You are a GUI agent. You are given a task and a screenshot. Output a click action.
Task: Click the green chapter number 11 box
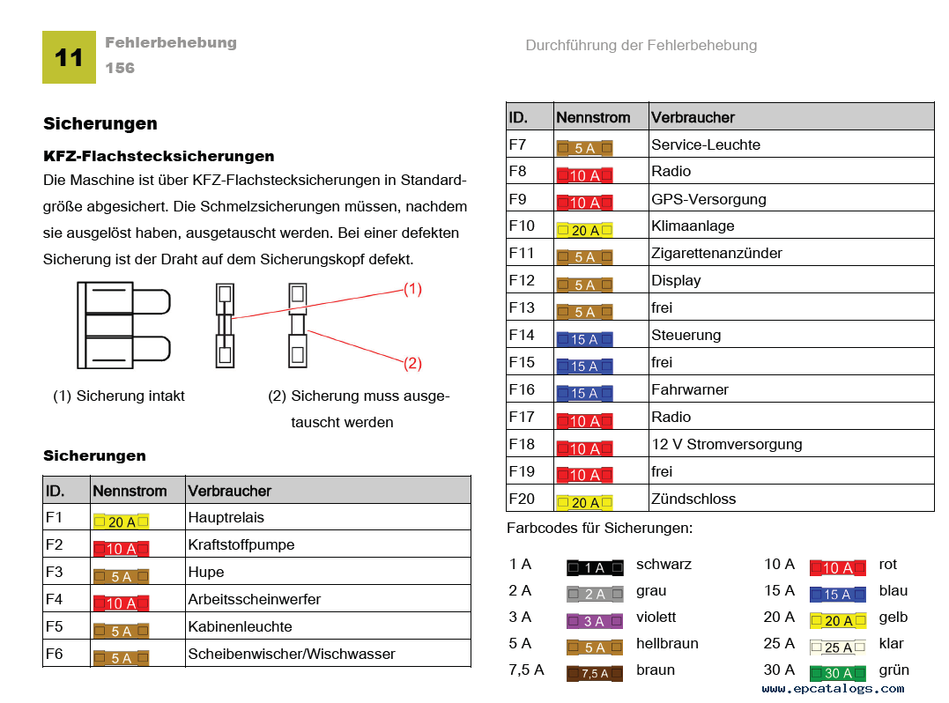tap(69, 57)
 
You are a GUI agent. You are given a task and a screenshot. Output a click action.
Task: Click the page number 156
tap(120, 68)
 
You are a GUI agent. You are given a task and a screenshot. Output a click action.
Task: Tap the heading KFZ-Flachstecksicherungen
tap(159, 156)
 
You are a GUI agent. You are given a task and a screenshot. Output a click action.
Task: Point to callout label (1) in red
tap(412, 288)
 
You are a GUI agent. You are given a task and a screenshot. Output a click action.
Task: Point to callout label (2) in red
tap(412, 362)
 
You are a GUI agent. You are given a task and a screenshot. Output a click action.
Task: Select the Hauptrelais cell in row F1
tap(226, 517)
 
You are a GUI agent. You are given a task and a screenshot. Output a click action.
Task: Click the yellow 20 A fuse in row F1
tap(121, 522)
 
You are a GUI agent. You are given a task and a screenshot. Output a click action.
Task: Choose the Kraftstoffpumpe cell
tap(241, 544)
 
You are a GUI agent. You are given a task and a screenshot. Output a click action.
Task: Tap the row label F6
tap(55, 654)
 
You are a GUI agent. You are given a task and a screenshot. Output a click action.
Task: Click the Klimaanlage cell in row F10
tap(693, 226)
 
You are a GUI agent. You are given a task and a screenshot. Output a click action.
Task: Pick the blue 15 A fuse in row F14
tap(584, 339)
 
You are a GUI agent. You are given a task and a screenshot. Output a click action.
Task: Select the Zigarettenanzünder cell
tap(716, 253)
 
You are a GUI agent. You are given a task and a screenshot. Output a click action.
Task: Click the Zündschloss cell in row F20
tap(693, 499)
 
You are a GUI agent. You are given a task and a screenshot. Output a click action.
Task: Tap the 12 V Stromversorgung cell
tap(726, 444)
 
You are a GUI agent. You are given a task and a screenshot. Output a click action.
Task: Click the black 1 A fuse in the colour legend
tap(594, 568)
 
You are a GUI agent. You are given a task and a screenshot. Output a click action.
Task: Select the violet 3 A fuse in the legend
tap(594, 621)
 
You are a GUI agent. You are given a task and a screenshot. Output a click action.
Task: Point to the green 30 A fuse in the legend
tap(838, 674)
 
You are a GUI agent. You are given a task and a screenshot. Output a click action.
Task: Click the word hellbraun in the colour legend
tap(667, 643)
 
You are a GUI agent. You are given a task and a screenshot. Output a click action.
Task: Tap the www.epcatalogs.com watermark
tap(834, 689)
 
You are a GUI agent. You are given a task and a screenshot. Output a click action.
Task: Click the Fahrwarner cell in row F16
tap(690, 389)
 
